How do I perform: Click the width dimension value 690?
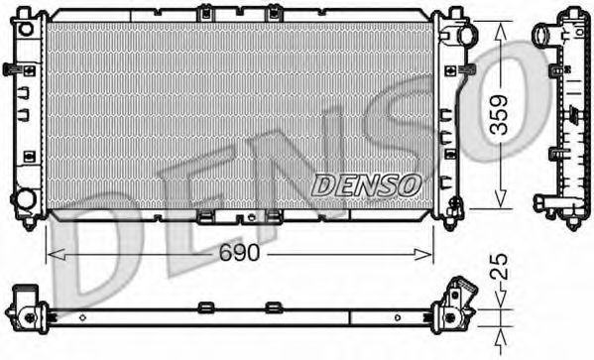[239, 254]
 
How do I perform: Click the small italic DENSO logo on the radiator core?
[366, 183]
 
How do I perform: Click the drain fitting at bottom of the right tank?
[453, 210]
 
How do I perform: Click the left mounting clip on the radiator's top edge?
[204, 14]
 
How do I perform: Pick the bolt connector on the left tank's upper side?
[11, 69]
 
